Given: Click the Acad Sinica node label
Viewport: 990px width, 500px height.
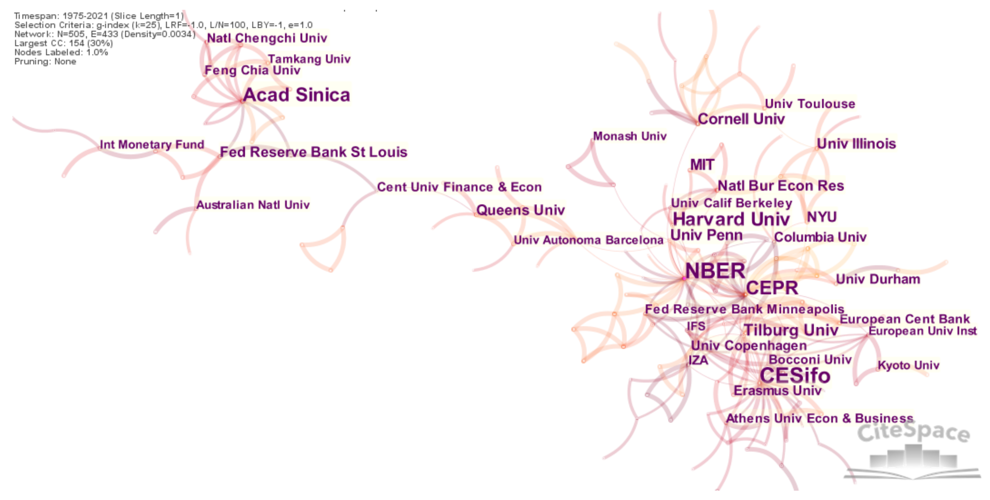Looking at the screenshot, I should pos(296,95).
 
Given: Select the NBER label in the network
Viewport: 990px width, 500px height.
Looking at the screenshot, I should pos(715,271).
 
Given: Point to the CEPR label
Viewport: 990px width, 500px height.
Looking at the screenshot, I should pos(772,288).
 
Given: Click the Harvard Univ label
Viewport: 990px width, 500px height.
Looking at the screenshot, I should pos(731,220).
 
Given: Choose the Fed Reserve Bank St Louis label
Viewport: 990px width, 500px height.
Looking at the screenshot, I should pos(313,152).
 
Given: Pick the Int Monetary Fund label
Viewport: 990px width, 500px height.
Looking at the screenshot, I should pos(152,145).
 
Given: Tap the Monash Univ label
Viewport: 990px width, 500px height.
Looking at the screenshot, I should pos(630,136).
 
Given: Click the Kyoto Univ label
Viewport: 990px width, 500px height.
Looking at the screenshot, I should pos(908,365).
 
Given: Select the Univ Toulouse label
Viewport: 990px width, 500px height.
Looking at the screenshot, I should pos(810,104).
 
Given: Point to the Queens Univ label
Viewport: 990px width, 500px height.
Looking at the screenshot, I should pos(520,210).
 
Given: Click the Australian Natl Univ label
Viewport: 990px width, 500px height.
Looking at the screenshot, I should pos(253,205).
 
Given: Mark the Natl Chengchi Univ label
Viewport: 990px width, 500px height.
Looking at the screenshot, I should pos(267,38).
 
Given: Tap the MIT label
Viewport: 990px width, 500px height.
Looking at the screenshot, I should pos(702,165).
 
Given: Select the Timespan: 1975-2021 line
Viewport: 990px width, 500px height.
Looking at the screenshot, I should pos(99,16).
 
